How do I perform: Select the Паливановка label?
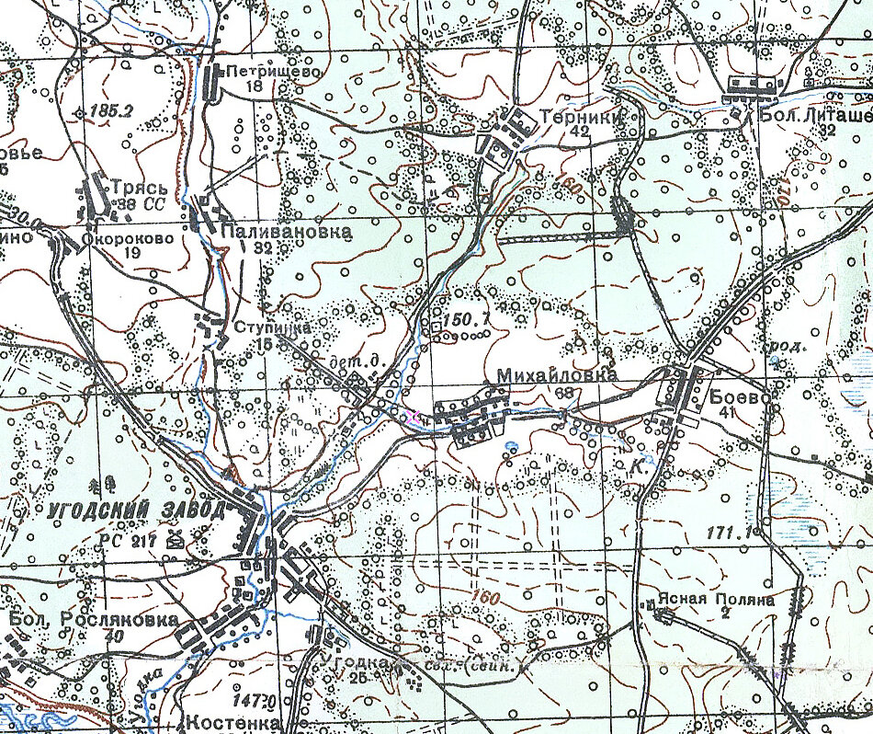[x=286, y=233]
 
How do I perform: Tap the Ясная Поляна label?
[x=728, y=600]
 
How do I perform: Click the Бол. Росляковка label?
[x=94, y=619]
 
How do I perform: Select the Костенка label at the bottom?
[x=233, y=723]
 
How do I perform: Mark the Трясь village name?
[x=136, y=185]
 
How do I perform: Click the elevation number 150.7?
[x=464, y=320]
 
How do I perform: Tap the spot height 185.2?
[x=113, y=110]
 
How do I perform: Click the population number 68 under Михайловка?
[x=564, y=393]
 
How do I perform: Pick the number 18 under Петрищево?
[x=255, y=86]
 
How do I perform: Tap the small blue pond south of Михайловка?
[x=512, y=447]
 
